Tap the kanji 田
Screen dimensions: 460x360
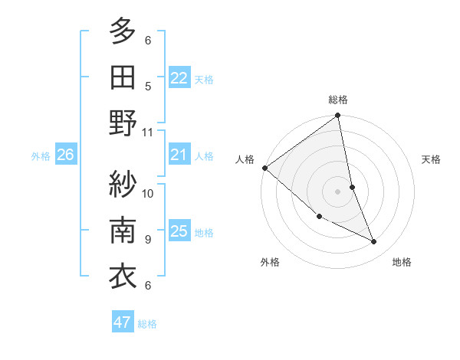pos(123,76)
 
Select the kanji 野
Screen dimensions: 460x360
pos(123,123)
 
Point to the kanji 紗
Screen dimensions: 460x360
pos(123,183)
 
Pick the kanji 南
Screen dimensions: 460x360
pos(123,229)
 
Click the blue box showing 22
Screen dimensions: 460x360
pos(179,78)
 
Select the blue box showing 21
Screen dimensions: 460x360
pos(179,155)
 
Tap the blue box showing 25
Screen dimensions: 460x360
pos(179,231)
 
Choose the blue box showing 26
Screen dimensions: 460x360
pos(65,155)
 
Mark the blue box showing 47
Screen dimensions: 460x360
pos(123,322)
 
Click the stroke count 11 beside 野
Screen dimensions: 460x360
pos(148,132)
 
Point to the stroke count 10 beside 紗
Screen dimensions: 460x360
pos(148,192)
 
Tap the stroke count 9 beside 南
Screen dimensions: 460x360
pos(148,239)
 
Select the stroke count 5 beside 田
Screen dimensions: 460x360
pos(148,86)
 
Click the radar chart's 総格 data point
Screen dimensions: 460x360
pos(337,116)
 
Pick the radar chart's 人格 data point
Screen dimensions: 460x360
pos(264,167)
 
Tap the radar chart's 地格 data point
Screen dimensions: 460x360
pos(374,242)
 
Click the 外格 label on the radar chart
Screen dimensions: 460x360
pos(270,262)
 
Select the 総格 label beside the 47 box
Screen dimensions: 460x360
pos(147,324)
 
